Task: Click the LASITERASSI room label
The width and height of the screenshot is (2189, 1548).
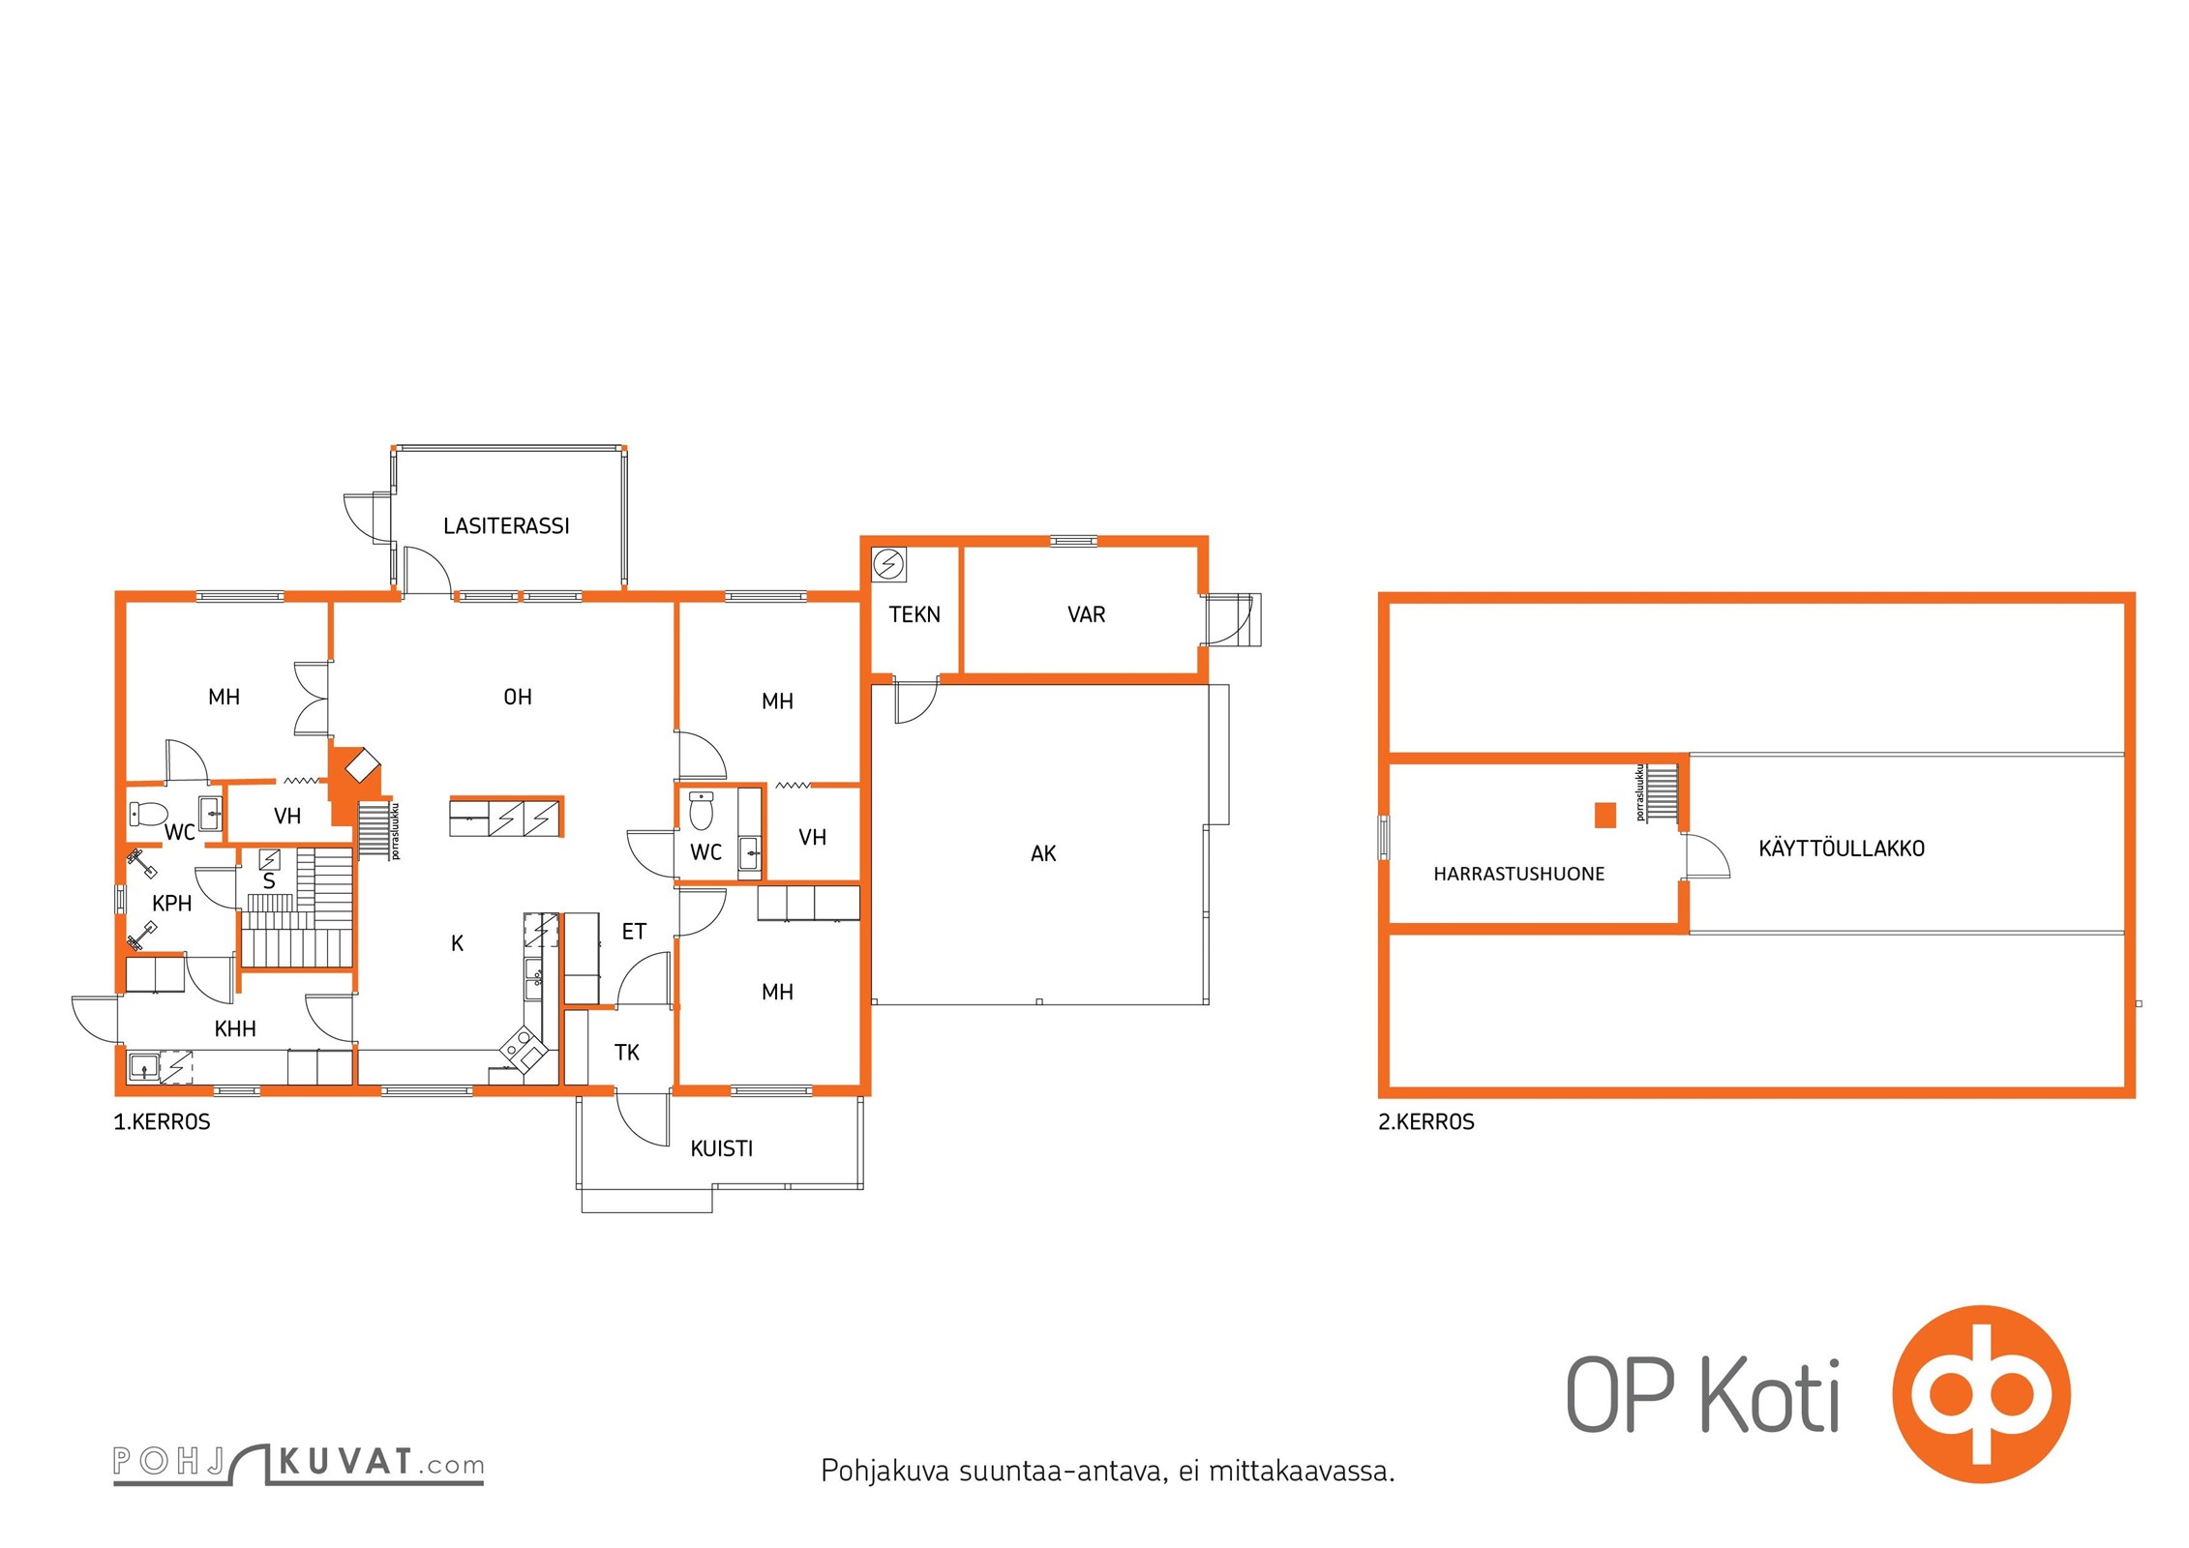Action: coord(506,526)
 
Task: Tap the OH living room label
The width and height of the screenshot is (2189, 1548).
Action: coord(518,697)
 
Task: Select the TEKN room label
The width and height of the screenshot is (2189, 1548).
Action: coord(915,614)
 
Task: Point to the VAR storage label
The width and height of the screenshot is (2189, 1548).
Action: coord(1086,614)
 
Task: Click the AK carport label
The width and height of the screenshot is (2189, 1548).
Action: coord(1043,853)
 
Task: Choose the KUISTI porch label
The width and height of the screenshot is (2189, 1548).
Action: coord(721,1148)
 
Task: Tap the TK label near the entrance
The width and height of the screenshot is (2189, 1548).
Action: coord(627,1053)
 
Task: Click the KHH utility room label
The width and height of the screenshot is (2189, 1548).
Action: coord(235,1028)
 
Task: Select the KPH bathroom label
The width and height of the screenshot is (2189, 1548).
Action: coord(172,904)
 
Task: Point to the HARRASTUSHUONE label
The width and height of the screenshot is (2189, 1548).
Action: coord(1518,875)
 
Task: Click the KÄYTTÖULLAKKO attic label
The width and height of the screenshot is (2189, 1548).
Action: coord(1842,848)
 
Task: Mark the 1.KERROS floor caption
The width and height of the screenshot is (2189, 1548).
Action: coord(162,1122)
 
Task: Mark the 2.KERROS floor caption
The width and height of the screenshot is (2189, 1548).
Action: coord(1426,1122)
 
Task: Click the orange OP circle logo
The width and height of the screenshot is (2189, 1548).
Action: coord(1981,1394)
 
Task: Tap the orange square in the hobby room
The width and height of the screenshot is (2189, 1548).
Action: coord(1605,816)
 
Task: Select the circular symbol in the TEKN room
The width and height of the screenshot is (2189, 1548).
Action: coord(888,564)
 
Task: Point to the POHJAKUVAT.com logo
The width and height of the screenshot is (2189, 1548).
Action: coord(298,1464)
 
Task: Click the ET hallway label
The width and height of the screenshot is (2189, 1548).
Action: coord(634,932)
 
